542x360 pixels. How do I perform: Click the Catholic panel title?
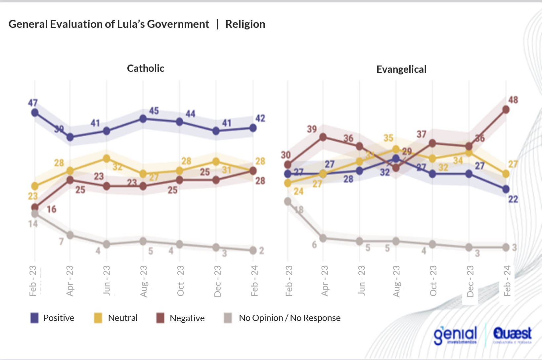pyautogui.click(x=146, y=68)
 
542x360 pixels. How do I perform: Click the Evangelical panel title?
pyautogui.click(x=401, y=69)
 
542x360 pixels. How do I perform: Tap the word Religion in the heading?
pyautogui.click(x=245, y=24)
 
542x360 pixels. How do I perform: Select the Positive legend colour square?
pyautogui.click(x=34, y=318)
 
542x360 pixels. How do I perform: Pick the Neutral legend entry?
pyautogui.click(x=122, y=318)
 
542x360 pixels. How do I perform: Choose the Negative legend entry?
pyautogui.click(x=187, y=318)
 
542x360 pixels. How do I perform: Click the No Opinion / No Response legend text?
pyautogui.click(x=290, y=318)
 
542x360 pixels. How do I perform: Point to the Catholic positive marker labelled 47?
pyautogui.click(x=35, y=113)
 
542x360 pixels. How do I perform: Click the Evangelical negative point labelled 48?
pyautogui.click(x=506, y=110)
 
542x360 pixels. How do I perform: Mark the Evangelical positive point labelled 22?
pyautogui.click(x=506, y=189)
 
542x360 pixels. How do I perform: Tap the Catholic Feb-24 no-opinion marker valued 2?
pyautogui.click(x=253, y=250)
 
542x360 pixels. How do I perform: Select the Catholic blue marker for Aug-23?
pyautogui.click(x=143, y=119)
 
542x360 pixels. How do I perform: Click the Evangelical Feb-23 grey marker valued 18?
pyautogui.click(x=288, y=201)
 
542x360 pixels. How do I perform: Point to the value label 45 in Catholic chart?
pyautogui.click(x=154, y=111)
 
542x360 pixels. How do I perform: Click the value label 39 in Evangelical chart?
pyautogui.click(x=312, y=129)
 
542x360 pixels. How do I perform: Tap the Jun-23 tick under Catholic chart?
pyautogui.click(x=107, y=280)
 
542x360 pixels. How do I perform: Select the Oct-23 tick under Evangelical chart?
pyautogui.click(x=433, y=281)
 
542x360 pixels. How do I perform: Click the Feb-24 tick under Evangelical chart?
pyautogui.click(x=507, y=281)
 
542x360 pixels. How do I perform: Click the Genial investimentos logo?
pyautogui.click(x=455, y=335)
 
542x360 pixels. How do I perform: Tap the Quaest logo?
pyautogui.click(x=512, y=334)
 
